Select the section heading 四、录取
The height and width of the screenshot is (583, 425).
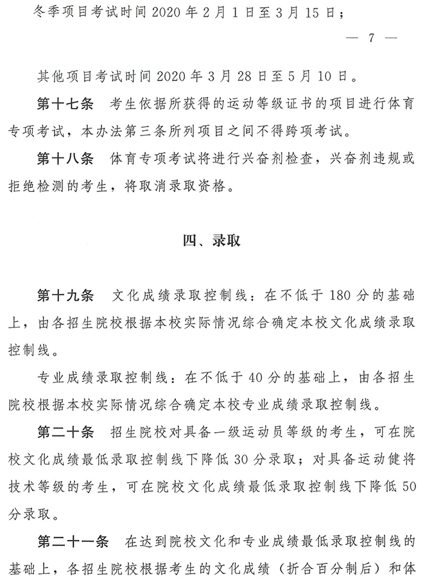point(212,241)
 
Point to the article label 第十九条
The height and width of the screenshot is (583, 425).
point(65,295)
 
